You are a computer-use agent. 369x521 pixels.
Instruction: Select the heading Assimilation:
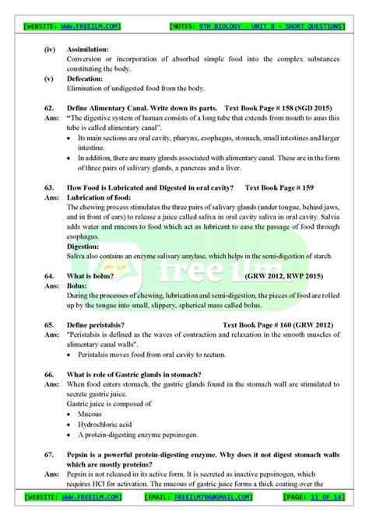(x=88, y=49)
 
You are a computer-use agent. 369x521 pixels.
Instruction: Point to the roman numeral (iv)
(x=51, y=49)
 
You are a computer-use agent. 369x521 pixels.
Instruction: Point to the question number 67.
(x=50, y=453)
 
